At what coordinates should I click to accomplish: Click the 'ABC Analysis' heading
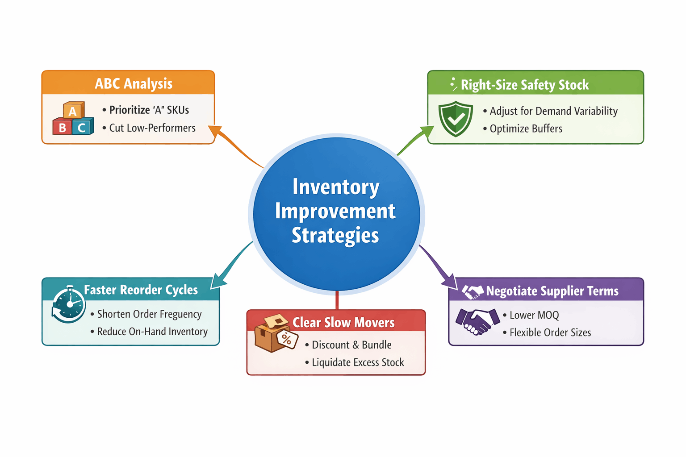click(134, 83)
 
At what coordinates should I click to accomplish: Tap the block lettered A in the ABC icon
click(73, 111)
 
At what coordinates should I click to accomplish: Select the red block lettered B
click(62, 128)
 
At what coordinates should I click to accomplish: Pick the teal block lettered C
click(81, 128)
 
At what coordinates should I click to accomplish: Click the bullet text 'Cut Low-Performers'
click(152, 128)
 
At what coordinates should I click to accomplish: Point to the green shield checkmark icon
click(456, 118)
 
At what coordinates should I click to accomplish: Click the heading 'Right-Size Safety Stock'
click(524, 85)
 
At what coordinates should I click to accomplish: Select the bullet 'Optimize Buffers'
click(526, 129)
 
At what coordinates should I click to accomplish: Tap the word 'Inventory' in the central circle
click(336, 187)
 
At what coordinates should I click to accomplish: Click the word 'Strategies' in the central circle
click(335, 235)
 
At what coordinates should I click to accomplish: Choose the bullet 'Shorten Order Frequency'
click(149, 314)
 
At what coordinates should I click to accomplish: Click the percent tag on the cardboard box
click(287, 339)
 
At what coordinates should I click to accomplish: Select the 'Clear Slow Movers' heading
click(343, 322)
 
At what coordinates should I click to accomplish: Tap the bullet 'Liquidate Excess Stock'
click(358, 362)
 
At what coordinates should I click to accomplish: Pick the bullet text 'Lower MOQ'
click(534, 315)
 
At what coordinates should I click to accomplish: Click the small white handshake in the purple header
click(473, 292)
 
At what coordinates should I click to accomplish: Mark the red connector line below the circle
click(337, 300)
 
